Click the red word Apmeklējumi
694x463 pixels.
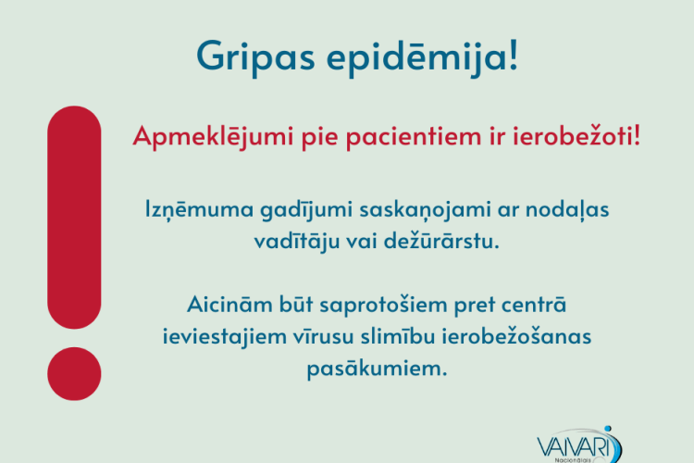point(213,137)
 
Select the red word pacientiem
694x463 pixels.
point(414,136)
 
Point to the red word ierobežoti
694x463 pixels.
point(573,135)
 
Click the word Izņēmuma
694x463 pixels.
point(199,209)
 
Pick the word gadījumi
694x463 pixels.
point(306,209)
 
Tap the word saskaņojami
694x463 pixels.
point(425,210)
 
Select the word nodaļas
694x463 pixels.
point(567,210)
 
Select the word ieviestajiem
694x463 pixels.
point(224,337)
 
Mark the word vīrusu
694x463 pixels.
point(323,337)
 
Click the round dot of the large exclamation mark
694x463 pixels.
point(74,374)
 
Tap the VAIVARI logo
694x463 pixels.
point(579,445)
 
